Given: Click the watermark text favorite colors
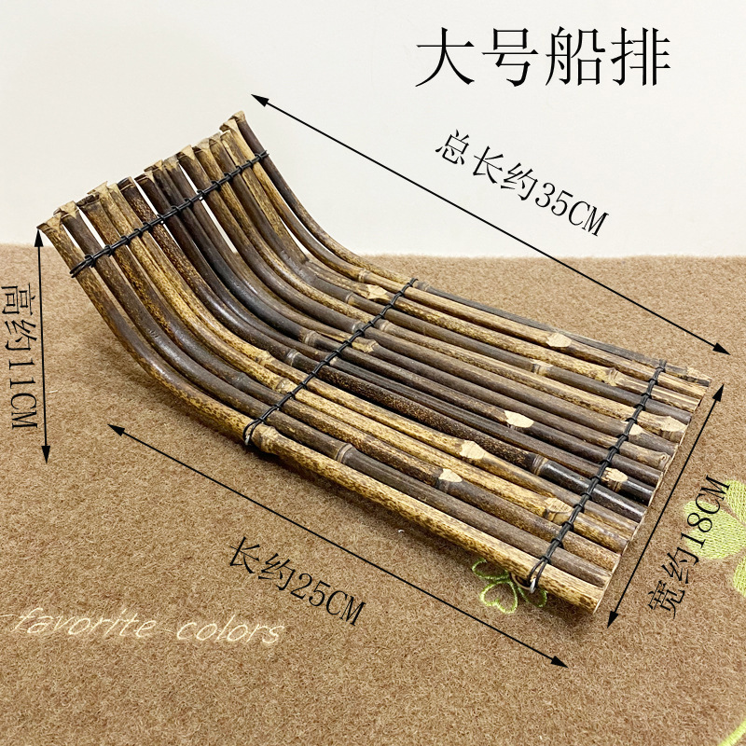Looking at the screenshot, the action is click(x=140, y=628).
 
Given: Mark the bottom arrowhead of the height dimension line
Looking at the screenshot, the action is click(x=48, y=457).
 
